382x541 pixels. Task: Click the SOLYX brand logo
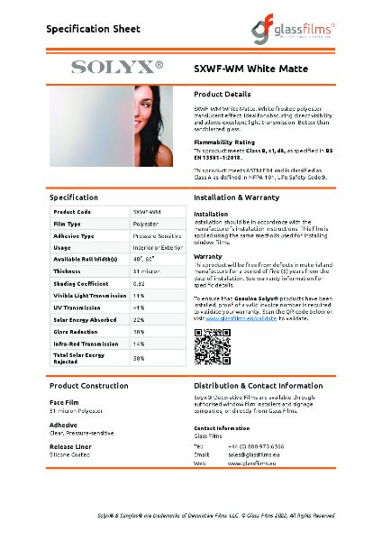click(x=117, y=67)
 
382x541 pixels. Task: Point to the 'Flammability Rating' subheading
click(x=224, y=142)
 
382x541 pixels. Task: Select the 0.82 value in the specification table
click(x=139, y=283)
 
